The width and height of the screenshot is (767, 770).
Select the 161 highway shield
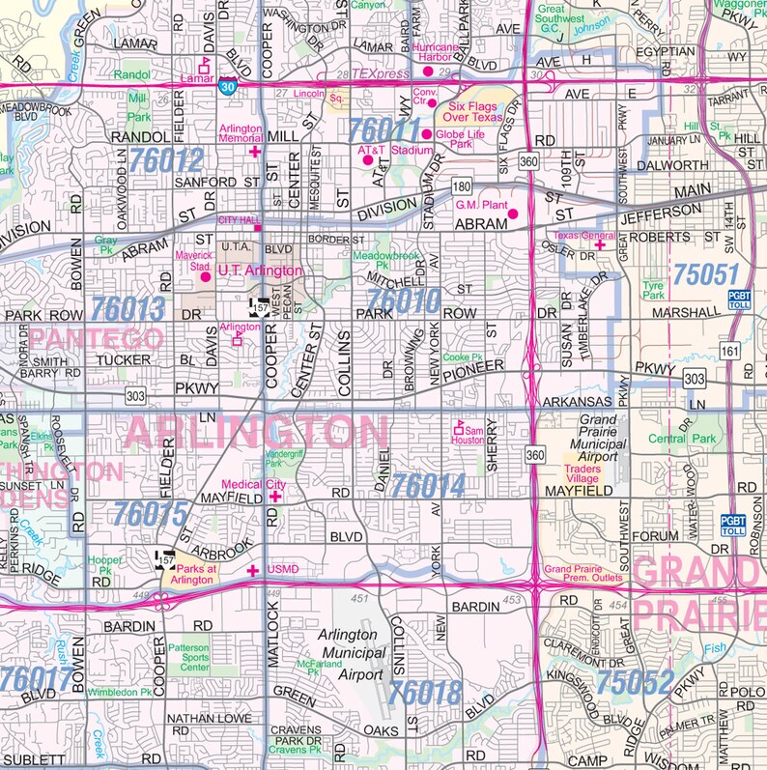click(x=729, y=350)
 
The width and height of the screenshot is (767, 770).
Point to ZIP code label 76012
click(x=169, y=160)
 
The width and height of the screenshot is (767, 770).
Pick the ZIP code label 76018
click(x=428, y=692)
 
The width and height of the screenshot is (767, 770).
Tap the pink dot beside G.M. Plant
click(x=513, y=214)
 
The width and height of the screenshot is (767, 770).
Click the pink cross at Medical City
click(x=275, y=496)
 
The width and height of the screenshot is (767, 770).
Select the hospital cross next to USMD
click(x=253, y=571)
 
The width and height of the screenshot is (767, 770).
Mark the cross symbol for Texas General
click(x=599, y=245)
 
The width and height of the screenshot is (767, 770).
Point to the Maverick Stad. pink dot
click(x=205, y=277)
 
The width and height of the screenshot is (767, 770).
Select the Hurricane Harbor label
click(x=434, y=52)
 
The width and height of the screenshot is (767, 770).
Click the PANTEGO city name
click(x=96, y=339)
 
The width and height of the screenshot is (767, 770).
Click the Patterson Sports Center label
click(x=188, y=658)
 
